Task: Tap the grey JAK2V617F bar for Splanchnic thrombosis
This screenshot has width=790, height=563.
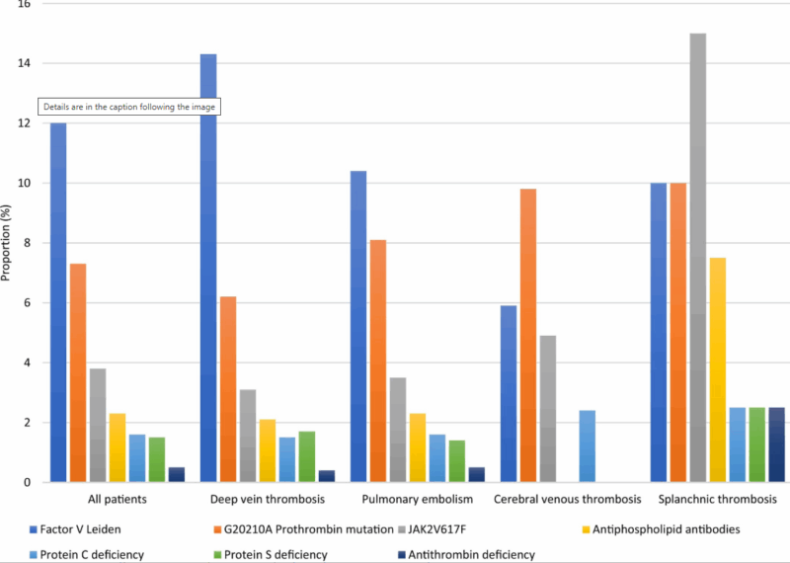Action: click(698, 258)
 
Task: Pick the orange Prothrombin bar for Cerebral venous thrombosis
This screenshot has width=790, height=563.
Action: click(528, 335)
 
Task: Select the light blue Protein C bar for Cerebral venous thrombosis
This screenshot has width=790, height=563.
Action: click(588, 445)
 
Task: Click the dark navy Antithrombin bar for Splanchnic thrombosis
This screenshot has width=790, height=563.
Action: click(777, 444)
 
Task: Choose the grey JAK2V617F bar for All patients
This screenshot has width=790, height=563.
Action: click(98, 425)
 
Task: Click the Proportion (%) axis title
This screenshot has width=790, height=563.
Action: click(7, 243)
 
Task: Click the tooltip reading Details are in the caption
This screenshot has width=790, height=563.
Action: click(129, 106)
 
